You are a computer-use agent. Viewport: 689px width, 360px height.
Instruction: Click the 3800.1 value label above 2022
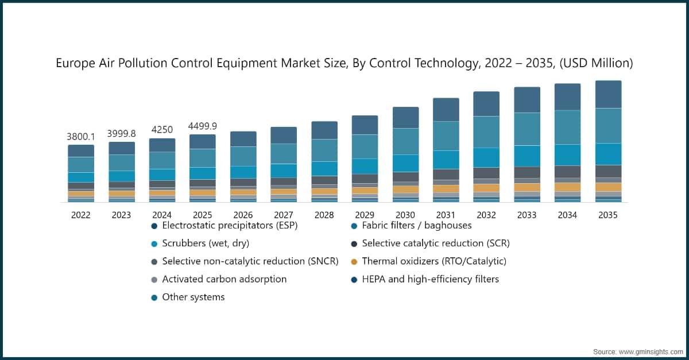81,137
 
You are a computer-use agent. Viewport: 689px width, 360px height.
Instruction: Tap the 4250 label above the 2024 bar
162,130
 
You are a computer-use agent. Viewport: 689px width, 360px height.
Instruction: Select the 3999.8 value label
122,134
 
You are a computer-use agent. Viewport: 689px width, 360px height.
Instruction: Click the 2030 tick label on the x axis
405,215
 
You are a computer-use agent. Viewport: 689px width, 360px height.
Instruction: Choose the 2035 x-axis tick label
608,215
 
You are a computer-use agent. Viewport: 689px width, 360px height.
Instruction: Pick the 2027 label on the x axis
284,215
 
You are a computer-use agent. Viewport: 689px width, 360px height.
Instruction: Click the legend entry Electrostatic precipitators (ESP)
230,225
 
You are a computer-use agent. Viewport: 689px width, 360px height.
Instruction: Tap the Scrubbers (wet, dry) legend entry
205,243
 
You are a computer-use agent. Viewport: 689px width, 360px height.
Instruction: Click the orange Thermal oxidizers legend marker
354,261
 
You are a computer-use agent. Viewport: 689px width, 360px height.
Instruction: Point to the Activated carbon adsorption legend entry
224,279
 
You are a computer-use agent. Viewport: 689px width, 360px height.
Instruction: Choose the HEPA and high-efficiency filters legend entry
430,279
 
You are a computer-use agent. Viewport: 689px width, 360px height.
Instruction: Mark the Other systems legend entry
193,297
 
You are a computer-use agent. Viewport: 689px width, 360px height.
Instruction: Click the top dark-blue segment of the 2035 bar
608,94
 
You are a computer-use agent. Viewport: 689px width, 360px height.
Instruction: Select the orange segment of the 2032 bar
486,188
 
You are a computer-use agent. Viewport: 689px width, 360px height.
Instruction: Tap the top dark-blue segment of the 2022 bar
81,150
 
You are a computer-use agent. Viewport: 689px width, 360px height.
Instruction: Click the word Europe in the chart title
74,63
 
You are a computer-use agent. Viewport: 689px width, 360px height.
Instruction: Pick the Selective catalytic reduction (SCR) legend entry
435,243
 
